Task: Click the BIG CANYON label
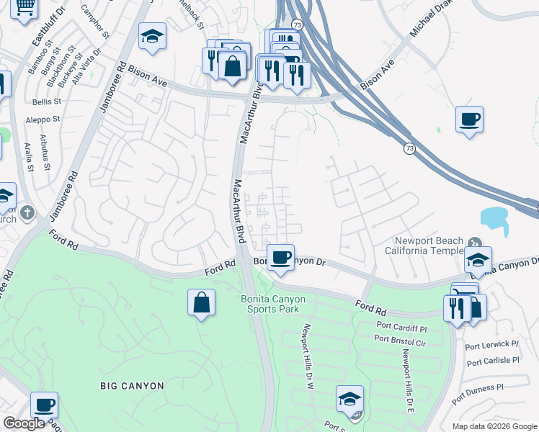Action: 132,386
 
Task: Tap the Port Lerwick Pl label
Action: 493,344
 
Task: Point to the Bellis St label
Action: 47,102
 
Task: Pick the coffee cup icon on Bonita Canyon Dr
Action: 282,256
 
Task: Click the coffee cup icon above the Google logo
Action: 44,405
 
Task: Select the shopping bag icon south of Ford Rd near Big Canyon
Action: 202,302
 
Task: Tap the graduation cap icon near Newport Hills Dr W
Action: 349,398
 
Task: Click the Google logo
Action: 24,423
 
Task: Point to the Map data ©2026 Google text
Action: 493,426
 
